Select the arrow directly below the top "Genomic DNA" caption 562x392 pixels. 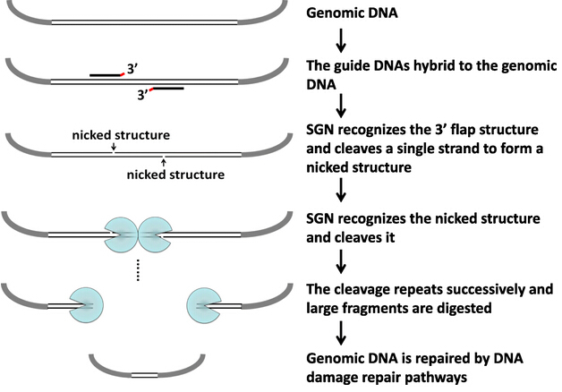[341, 40]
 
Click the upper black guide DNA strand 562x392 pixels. [106, 75]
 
